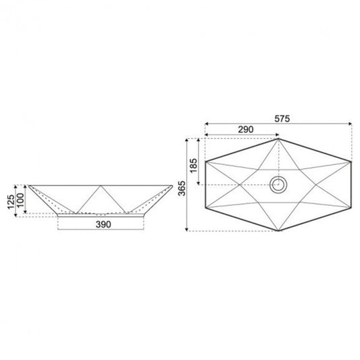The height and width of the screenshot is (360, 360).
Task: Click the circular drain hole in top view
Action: click(x=278, y=184)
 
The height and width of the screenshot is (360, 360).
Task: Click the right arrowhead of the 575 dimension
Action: click(x=350, y=124)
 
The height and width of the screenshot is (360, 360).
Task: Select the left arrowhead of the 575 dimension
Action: click(x=206, y=124)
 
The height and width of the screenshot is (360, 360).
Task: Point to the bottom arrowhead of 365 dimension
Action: click(x=188, y=229)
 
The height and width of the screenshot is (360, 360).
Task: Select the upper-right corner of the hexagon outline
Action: click(x=352, y=161)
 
